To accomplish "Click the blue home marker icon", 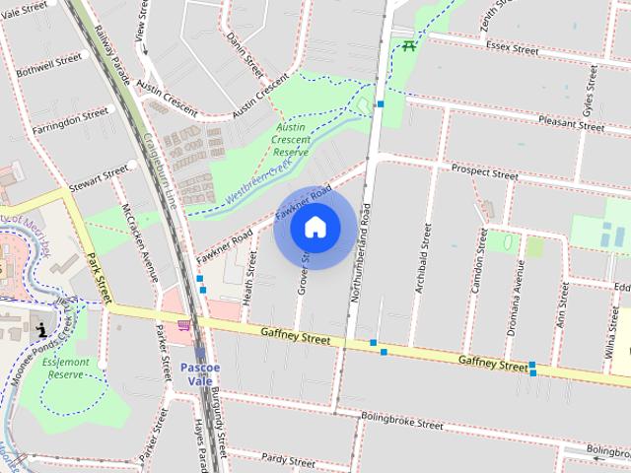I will coord(315,228).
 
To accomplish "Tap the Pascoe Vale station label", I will coord(203,373).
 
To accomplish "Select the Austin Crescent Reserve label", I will coord(291,140).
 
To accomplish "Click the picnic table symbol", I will coord(405,44).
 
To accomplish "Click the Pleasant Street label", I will coord(571,123).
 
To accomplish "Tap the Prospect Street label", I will coord(484,171).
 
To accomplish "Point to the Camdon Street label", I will coord(479,262).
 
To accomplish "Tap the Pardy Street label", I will coord(288,458).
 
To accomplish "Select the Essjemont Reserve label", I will coord(67,369).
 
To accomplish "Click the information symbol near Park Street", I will coord(40,328).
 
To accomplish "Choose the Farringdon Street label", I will coord(69,122).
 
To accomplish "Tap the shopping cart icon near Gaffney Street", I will coord(183,323).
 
